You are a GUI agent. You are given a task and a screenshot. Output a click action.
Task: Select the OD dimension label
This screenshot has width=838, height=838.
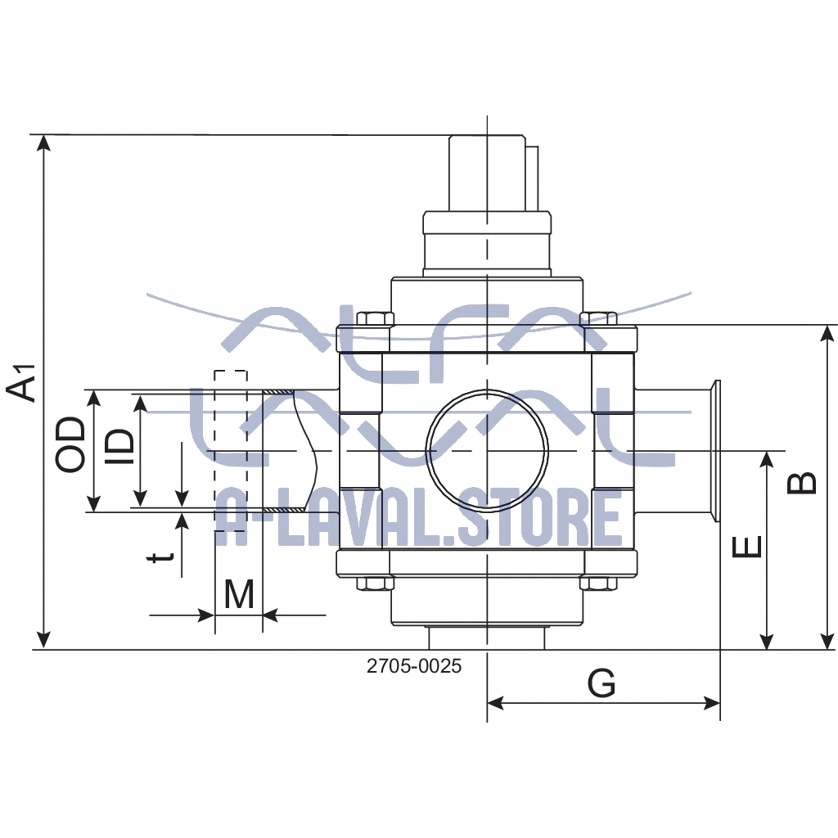[71, 444]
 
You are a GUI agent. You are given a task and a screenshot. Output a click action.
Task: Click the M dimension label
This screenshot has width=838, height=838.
[239, 595]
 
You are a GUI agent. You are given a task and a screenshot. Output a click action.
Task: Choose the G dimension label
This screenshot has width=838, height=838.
[601, 683]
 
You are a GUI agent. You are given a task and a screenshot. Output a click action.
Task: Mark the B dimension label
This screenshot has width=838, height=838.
[803, 482]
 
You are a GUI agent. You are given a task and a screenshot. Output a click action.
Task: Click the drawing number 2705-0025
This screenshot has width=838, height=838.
[414, 666]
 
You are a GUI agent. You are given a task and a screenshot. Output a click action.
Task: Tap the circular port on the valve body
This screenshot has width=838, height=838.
[487, 450]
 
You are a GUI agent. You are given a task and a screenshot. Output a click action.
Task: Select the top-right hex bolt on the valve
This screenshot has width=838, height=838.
[598, 318]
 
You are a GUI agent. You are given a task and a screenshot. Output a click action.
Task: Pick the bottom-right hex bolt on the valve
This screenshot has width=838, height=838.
[598, 583]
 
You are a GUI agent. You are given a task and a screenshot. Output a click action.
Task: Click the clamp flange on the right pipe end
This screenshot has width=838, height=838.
[714, 451]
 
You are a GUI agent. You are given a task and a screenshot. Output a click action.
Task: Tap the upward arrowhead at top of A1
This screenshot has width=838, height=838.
[44, 143]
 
